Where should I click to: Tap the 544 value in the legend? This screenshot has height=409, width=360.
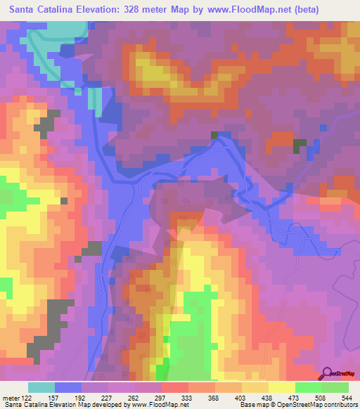(345, 398)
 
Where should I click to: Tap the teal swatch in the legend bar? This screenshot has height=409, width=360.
(41, 387)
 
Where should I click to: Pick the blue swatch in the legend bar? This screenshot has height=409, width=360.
(68, 387)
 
